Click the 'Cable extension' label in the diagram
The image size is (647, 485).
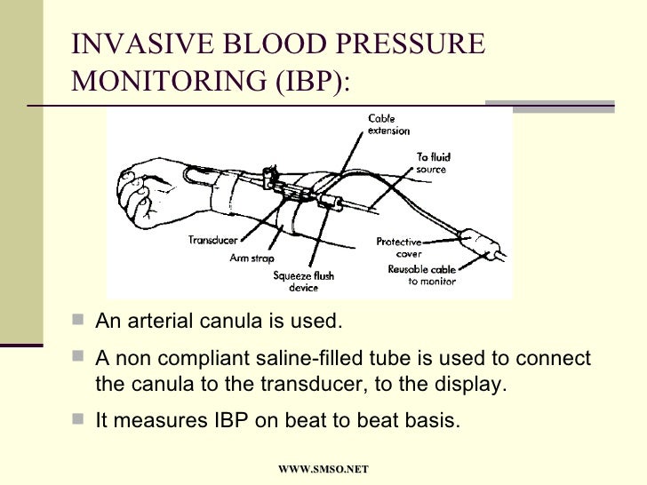tap(388, 124)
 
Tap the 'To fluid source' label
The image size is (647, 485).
tap(432, 163)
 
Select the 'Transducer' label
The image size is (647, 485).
tap(212, 240)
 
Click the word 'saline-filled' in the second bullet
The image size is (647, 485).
tap(319, 359)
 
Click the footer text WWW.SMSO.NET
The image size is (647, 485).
tap(323, 468)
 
